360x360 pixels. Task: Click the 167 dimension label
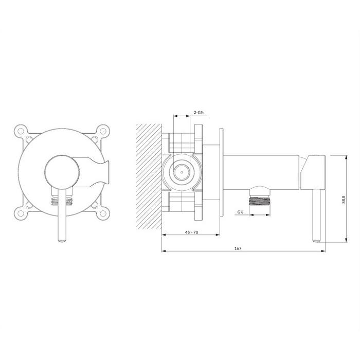pos(238,248)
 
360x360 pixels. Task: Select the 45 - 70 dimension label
pos(191,232)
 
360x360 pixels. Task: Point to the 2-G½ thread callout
pos(199,113)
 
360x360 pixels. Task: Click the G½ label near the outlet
pos(240,212)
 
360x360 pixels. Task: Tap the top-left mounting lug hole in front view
pos(21,131)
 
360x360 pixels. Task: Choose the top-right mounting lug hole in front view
pos(103,131)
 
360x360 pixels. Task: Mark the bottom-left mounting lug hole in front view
pos(21,213)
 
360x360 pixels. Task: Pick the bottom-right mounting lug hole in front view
pos(103,213)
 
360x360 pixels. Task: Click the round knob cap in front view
pos(62,172)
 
